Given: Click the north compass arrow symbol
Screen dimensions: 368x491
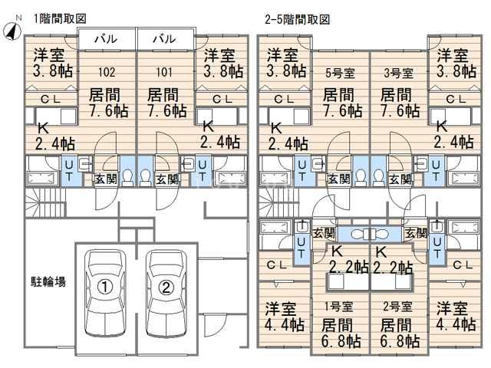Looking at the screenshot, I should click(13, 30).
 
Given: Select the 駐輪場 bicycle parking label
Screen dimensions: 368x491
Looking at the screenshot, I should click(48, 281).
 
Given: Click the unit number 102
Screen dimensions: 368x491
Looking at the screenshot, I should click(107, 73).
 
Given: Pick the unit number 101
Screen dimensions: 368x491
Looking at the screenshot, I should click(163, 73).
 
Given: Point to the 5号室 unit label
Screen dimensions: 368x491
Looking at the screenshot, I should click(338, 74).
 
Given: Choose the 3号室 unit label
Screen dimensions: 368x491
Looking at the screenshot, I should click(397, 74).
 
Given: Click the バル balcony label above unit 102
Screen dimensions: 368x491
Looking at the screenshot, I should click(107, 38).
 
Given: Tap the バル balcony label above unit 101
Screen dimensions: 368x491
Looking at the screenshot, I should click(163, 38).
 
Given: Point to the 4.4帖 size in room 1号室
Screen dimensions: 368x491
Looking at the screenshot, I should click(285, 324).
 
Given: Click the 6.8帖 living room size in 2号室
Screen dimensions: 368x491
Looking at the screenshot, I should click(399, 340).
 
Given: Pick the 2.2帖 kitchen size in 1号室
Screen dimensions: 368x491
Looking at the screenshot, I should click(348, 268).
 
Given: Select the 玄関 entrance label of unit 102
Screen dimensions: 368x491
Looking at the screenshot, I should click(104, 179).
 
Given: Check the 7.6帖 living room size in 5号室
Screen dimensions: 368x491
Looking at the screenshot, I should click(341, 110).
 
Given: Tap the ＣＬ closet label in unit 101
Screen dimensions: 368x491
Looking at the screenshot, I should click(222, 98).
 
